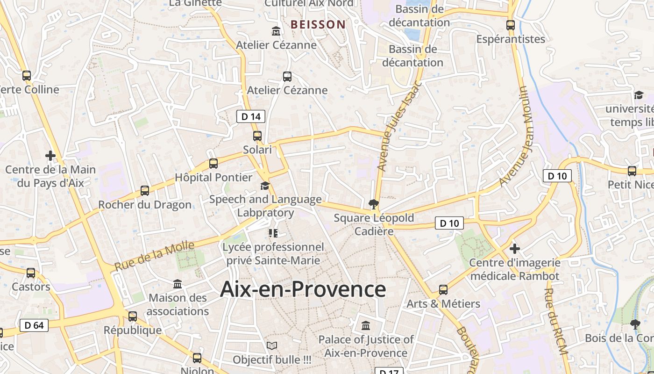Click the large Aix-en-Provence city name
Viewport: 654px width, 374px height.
coord(303,289)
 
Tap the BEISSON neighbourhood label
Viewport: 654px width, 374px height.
coord(318,24)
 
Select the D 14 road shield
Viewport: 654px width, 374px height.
coord(251,116)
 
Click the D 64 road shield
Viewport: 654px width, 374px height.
coord(34,325)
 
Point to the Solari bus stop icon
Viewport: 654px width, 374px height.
coord(257,136)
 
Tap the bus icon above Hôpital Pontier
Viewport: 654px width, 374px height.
coord(213,164)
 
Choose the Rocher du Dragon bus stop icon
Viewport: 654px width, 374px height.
coord(145,191)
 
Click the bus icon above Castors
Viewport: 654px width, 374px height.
coord(31,273)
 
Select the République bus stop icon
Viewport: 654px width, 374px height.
coord(133,316)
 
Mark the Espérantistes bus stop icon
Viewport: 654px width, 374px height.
coord(511,25)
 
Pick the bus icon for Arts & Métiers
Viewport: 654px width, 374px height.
coord(443,290)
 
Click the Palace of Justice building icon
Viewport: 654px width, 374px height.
coord(366,325)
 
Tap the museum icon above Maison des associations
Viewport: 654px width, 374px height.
coord(178,284)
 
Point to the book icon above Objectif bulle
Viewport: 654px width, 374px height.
coord(272,346)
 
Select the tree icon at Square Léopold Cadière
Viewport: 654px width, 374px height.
coord(373,204)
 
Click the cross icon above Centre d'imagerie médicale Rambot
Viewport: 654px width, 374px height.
coord(515,249)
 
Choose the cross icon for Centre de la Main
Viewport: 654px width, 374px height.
coord(50,156)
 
